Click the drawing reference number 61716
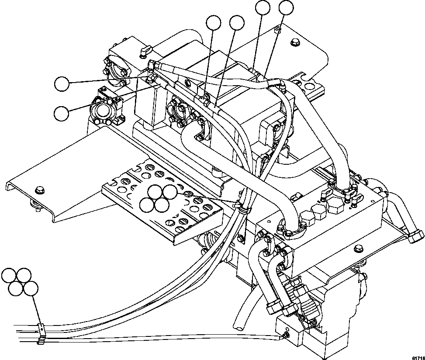click(417, 355)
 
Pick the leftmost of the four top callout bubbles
click(214, 23)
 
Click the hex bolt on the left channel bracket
click(40, 190)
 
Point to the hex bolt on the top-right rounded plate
click(294, 42)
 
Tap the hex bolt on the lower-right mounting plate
click(359, 249)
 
